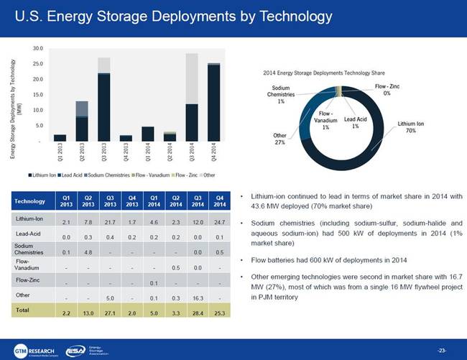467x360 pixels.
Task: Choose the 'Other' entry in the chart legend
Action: point(209,175)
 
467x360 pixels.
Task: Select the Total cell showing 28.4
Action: point(193,314)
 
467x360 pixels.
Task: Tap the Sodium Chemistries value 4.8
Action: point(88,252)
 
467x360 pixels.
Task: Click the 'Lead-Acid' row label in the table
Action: point(30,236)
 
